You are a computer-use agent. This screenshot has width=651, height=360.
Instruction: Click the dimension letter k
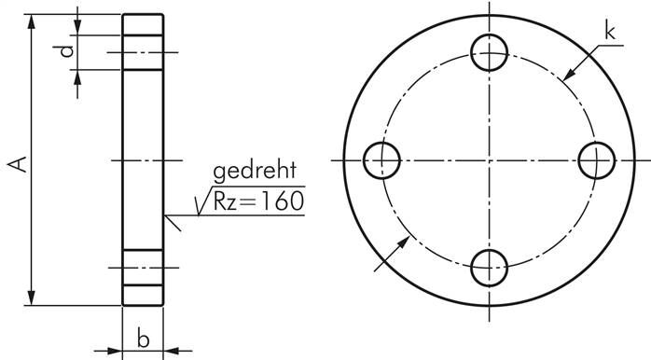click(x=610, y=33)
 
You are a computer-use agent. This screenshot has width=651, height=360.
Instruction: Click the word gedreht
click(x=254, y=172)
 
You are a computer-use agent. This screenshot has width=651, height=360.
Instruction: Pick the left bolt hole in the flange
click(x=380, y=160)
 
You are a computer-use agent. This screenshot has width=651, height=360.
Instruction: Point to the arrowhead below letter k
click(x=570, y=75)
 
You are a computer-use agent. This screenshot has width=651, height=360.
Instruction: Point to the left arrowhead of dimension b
click(x=117, y=353)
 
